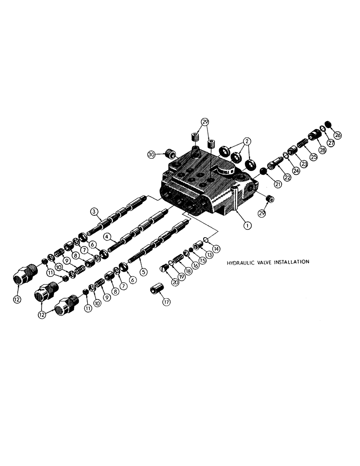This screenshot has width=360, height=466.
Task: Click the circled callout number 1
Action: [248, 224]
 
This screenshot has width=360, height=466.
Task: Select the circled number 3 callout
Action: [94, 212]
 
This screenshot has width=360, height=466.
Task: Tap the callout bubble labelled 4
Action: [107, 236]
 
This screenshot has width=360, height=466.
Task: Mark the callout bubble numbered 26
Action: [338, 136]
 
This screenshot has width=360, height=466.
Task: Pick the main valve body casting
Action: [205, 186]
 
